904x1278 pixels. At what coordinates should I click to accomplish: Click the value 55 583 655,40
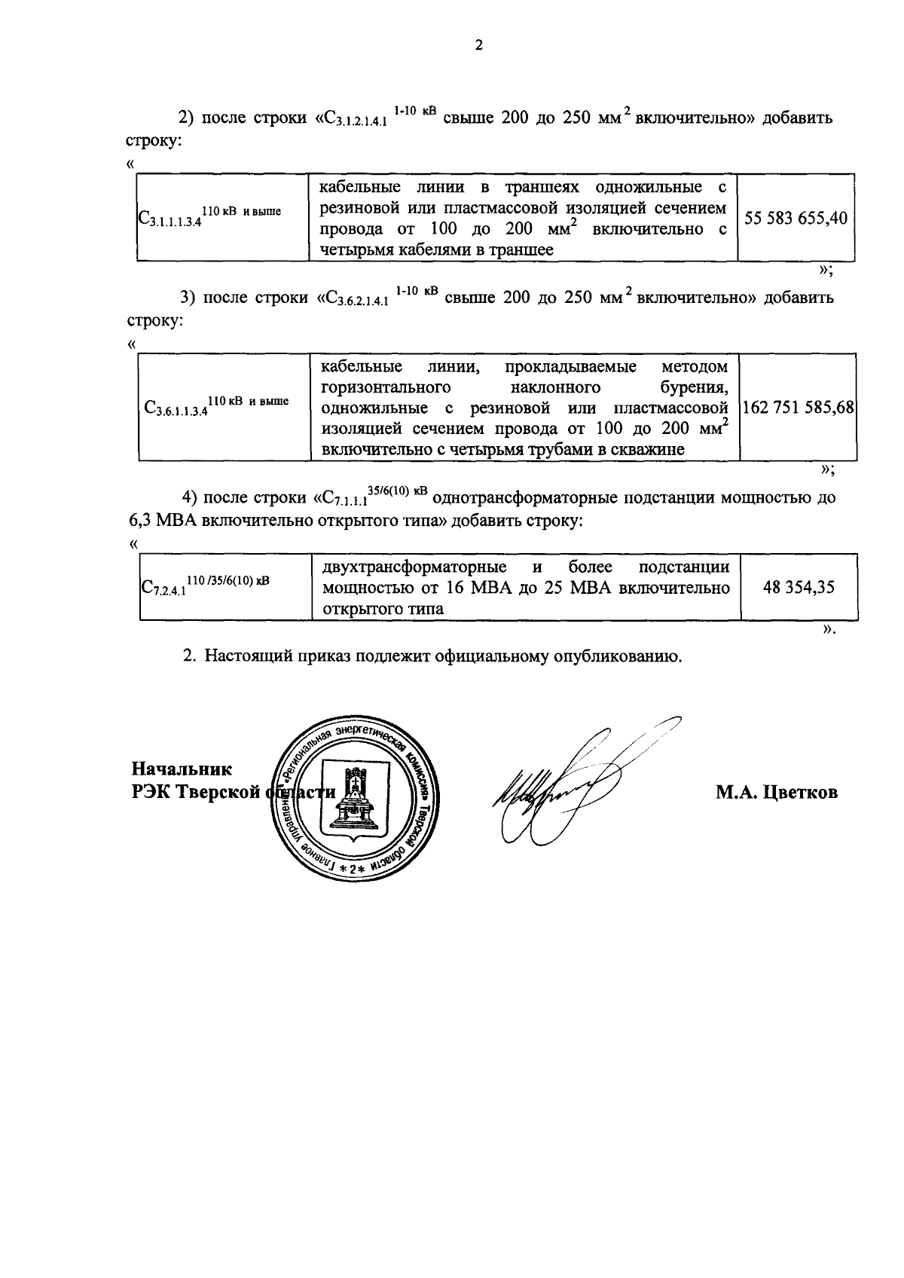(796, 219)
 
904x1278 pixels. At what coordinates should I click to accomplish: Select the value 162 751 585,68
(798, 408)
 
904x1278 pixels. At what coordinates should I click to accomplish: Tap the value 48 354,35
(799, 587)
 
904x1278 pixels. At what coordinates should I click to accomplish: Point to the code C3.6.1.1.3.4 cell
(216, 407)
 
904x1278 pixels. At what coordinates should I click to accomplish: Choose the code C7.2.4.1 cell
(205, 585)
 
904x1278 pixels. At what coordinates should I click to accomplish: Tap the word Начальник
(182, 769)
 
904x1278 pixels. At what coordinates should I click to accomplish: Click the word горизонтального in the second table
(386, 387)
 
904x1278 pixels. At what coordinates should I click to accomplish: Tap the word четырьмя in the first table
(356, 250)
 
